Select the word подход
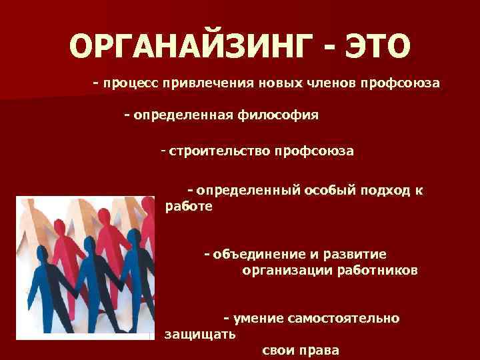385,190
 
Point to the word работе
189,206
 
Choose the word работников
377,270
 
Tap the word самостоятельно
343,318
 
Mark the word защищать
199,334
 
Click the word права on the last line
320,350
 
